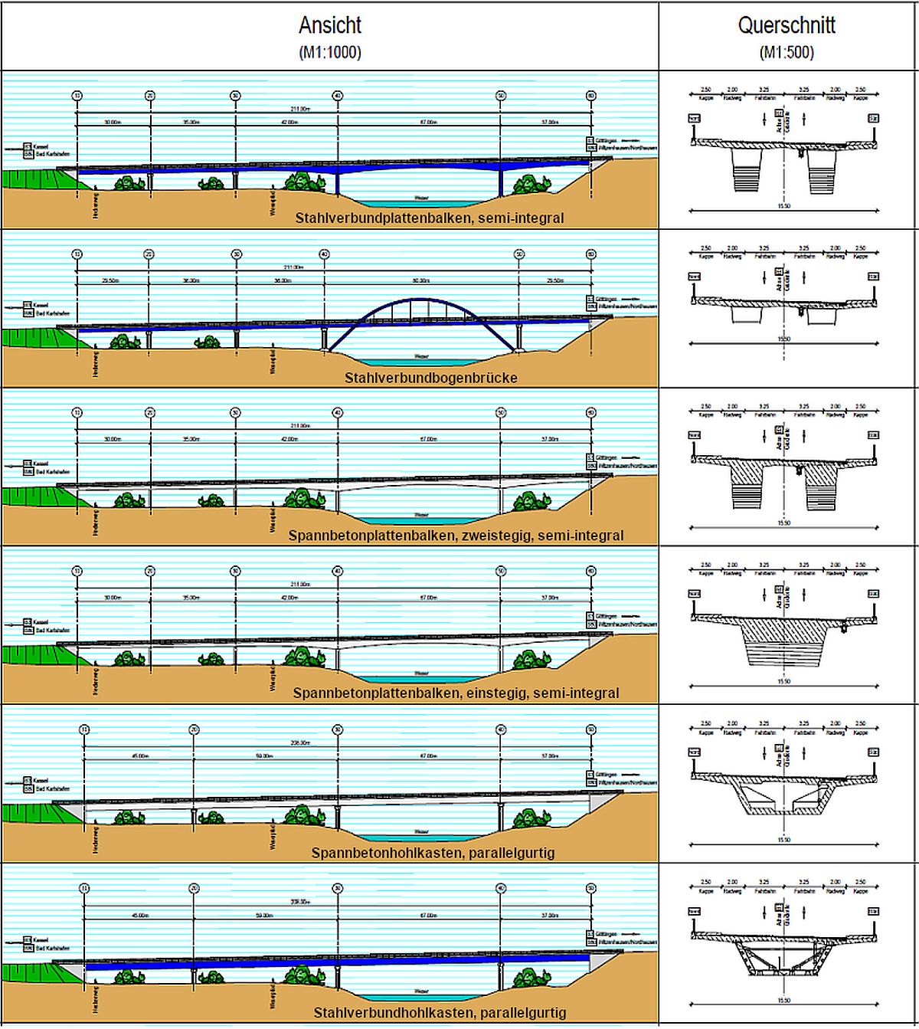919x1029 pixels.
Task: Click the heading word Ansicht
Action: [x=329, y=25]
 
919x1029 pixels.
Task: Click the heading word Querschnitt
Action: [x=787, y=25]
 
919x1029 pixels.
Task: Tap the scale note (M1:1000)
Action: [x=329, y=53]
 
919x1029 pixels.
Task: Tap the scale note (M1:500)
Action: [x=787, y=53]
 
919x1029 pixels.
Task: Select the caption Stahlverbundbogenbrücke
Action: [x=430, y=378]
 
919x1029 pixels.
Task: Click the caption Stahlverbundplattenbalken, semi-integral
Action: [x=429, y=218]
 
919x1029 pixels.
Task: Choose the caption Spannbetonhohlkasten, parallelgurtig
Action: [x=433, y=853]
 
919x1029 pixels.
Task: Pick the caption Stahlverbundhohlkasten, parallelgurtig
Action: [x=440, y=1013]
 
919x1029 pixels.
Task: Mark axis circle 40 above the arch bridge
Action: [x=324, y=254]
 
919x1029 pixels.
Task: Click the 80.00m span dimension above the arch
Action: [x=421, y=280]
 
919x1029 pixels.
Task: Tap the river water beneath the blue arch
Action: [x=421, y=362]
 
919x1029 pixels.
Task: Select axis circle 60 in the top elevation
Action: [x=591, y=96]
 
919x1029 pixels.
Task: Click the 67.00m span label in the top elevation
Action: [x=428, y=122]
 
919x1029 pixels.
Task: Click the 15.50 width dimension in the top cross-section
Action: [x=783, y=206]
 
